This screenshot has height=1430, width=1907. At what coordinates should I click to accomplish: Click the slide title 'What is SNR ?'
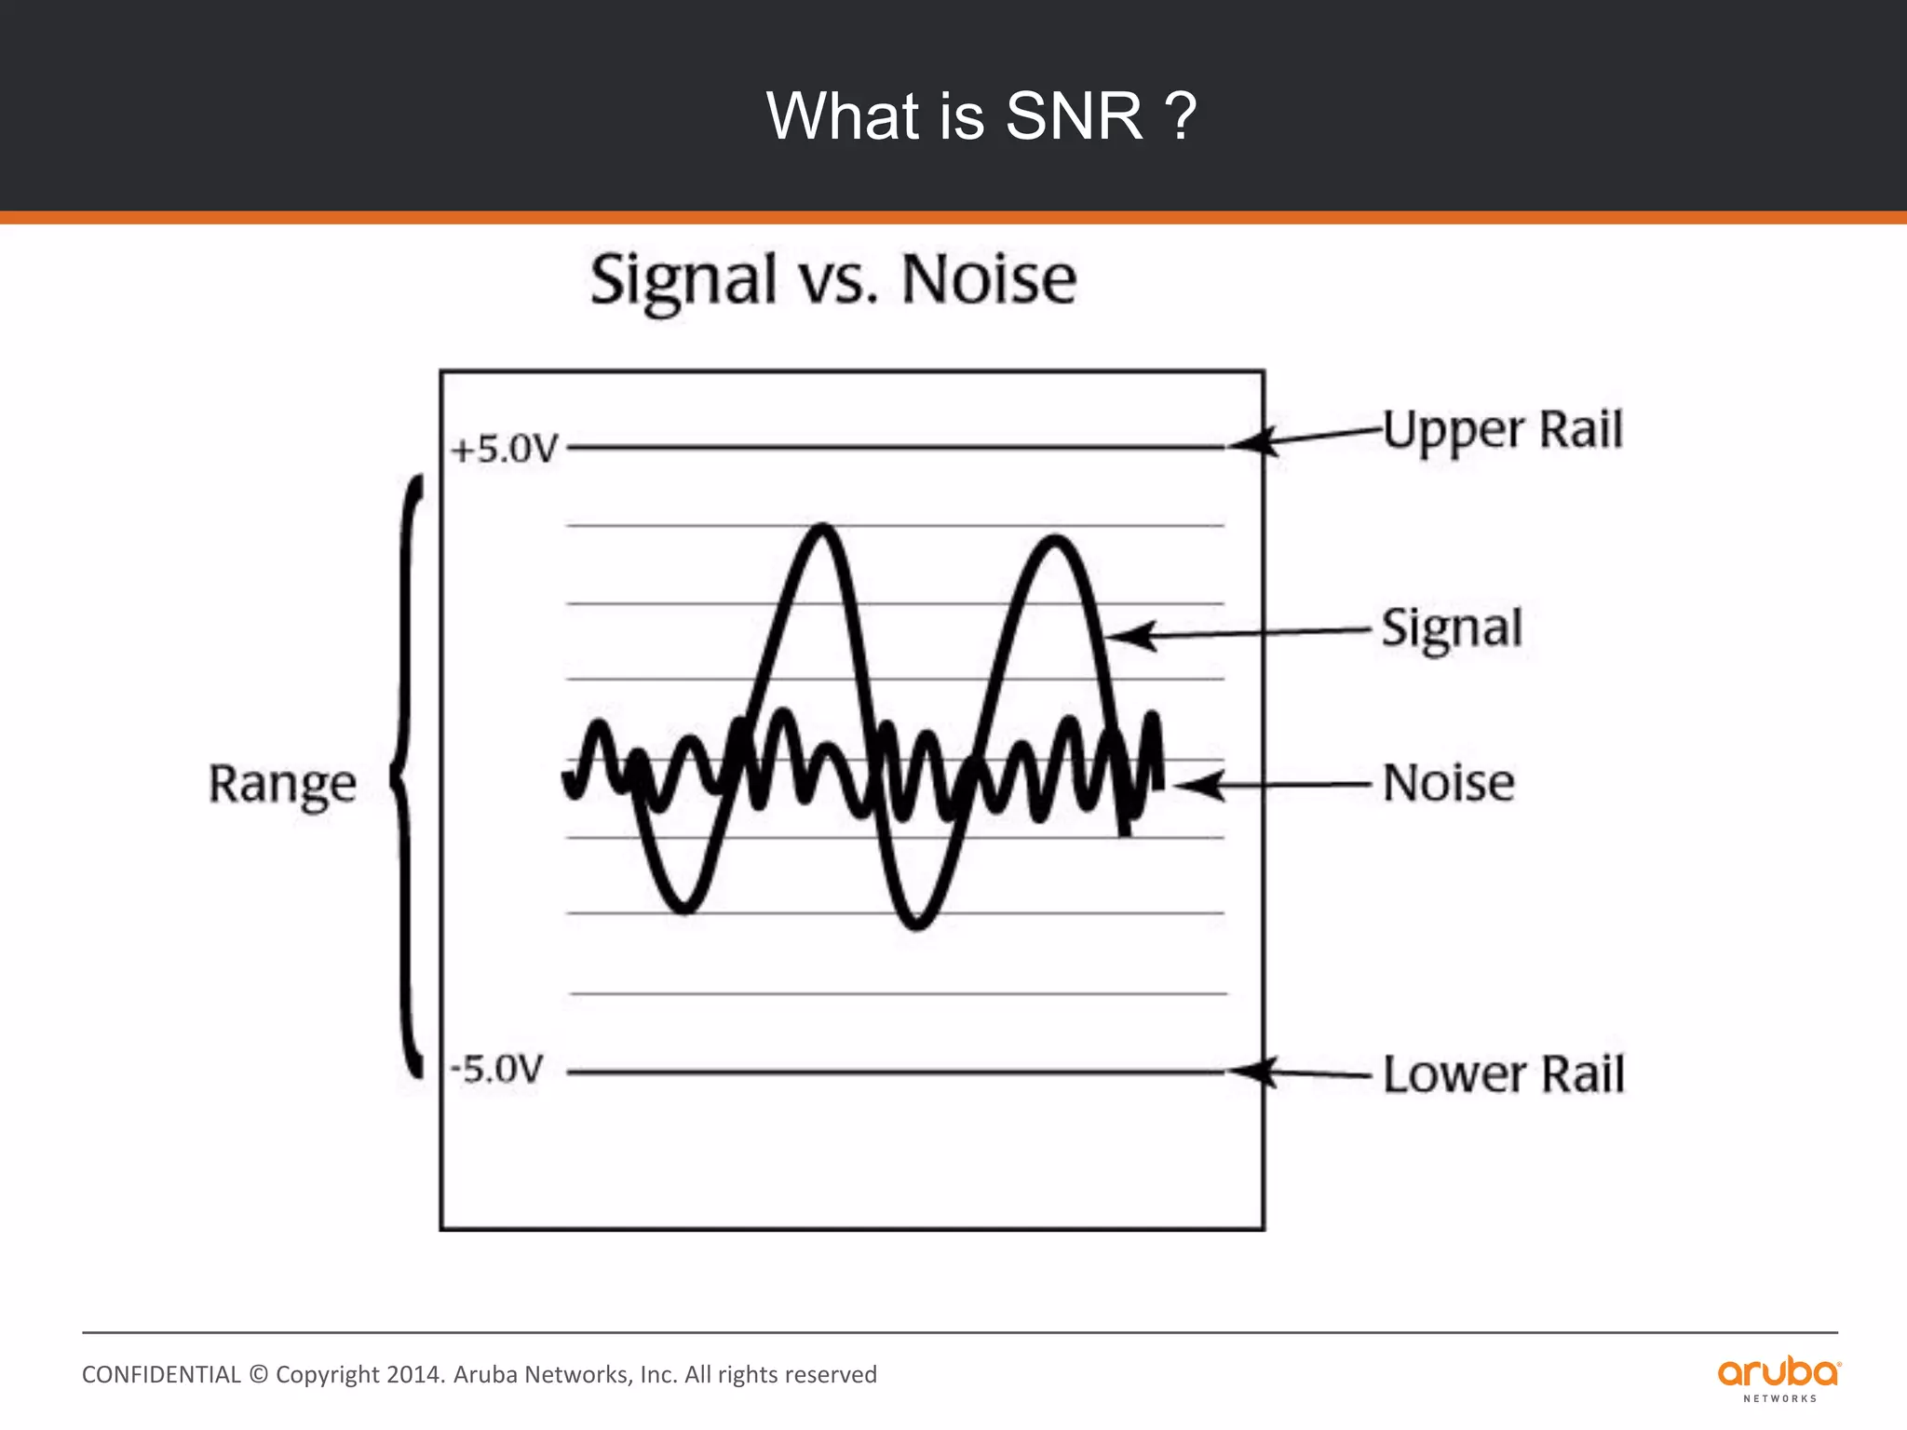coord(981,116)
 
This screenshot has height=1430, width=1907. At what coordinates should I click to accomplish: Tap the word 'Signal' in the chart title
coord(683,281)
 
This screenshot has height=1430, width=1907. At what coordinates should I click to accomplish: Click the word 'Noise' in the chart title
coord(989,279)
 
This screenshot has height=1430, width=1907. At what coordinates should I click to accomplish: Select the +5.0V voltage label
coord(504,450)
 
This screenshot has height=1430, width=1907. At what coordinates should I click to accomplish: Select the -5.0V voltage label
coord(496,1069)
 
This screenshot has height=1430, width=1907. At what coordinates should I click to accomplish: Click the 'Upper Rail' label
coord(1502,430)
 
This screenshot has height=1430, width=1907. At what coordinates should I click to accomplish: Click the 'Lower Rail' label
coord(1503,1074)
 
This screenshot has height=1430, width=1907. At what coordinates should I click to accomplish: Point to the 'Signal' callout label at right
coord(1451,628)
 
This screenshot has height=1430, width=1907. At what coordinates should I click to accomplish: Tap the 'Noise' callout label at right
coord(1448,783)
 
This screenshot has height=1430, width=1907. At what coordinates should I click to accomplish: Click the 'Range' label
coord(282,784)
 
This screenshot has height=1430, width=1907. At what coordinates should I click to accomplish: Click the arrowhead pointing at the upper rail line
coord(1252,442)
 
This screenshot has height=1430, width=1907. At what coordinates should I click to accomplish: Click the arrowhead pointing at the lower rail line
coord(1252,1072)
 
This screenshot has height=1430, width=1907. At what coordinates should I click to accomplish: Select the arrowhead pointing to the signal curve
coord(1129,637)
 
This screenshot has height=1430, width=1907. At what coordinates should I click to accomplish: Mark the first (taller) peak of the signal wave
coord(822,530)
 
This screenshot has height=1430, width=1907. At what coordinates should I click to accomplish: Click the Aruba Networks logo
coord(1779,1378)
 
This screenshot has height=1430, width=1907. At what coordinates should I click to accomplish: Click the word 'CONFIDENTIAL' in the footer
coord(161,1375)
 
